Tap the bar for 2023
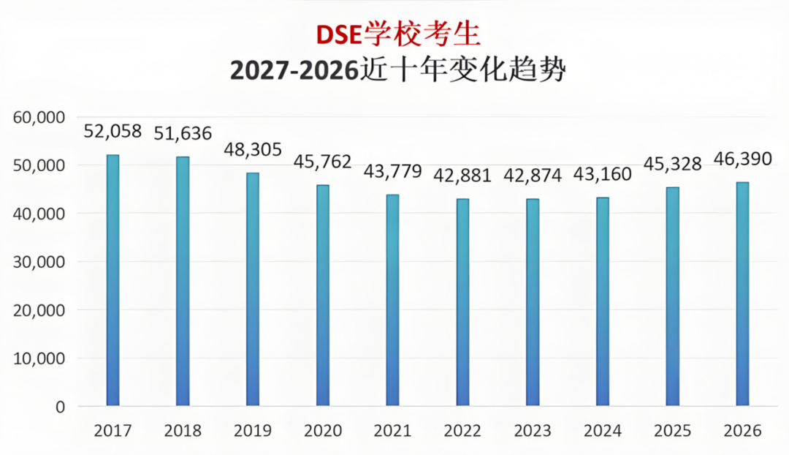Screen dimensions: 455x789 (x=533, y=302)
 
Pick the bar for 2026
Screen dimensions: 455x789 (x=742, y=293)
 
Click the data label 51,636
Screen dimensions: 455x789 (x=182, y=134)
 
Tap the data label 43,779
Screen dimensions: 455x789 (x=392, y=172)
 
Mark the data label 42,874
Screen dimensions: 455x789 (x=533, y=176)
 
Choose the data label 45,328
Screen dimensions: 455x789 (x=672, y=164)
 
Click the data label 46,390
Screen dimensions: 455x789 (x=742, y=159)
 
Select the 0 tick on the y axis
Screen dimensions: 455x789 (x=60, y=407)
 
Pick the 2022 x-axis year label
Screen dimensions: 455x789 (x=462, y=431)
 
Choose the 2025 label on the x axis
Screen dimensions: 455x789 (x=672, y=431)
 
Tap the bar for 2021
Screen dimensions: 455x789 (x=392, y=300)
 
